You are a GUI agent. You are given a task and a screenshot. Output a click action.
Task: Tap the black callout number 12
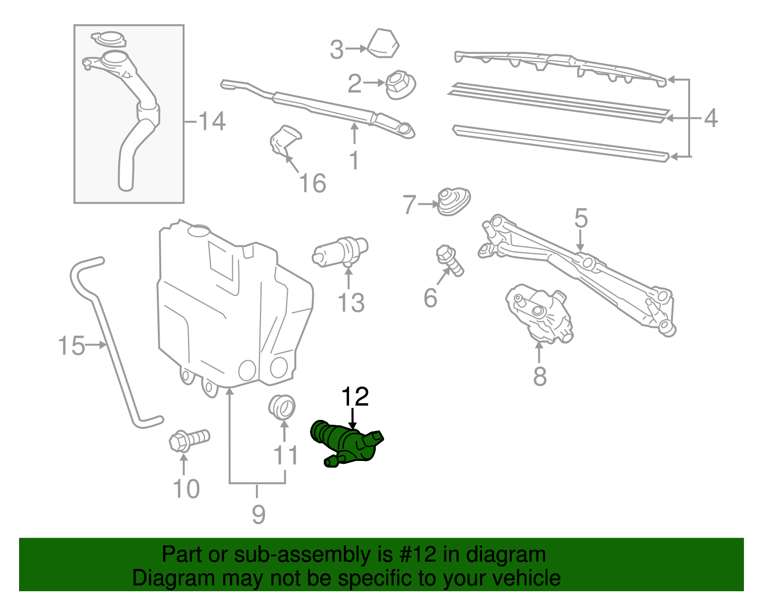click(x=355, y=397)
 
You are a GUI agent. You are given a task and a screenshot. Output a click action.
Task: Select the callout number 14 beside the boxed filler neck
click(x=212, y=121)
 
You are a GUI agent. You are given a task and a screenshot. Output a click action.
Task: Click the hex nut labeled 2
click(x=400, y=85)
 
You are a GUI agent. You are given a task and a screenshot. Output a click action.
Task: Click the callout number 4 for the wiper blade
click(x=711, y=118)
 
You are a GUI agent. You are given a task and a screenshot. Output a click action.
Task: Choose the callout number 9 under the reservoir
click(x=258, y=514)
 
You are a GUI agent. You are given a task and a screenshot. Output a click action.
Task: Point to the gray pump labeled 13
click(x=340, y=252)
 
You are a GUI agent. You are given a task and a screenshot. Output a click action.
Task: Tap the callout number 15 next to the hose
click(x=71, y=345)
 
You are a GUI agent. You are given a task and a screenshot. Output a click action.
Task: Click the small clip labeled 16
click(x=285, y=139)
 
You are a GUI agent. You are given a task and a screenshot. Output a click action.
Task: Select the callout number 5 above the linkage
click(x=580, y=218)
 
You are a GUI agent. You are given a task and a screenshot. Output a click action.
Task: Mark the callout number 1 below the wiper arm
click(x=354, y=160)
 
